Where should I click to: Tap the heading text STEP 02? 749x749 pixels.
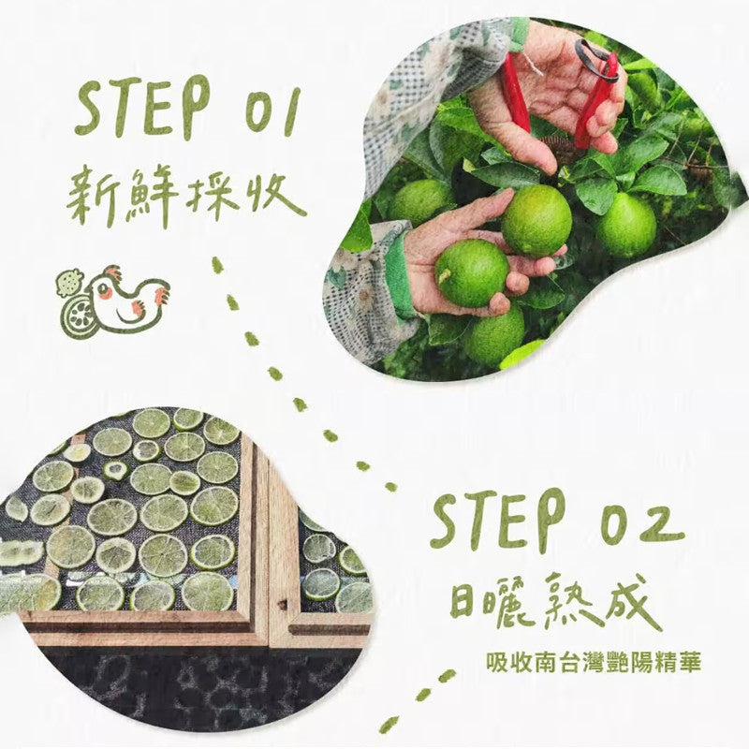click(557, 521)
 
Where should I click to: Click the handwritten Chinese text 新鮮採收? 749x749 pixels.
click(186, 196)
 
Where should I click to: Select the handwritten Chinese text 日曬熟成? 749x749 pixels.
click(555, 601)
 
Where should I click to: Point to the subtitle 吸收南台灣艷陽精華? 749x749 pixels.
click(594, 663)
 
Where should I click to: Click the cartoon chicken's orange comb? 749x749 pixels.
click(112, 273)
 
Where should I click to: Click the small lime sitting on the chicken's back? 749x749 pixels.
click(70, 283)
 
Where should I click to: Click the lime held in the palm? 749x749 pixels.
click(472, 272)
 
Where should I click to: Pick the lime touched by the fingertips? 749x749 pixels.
click(536, 221)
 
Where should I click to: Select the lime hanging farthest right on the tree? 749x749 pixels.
click(625, 225)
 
